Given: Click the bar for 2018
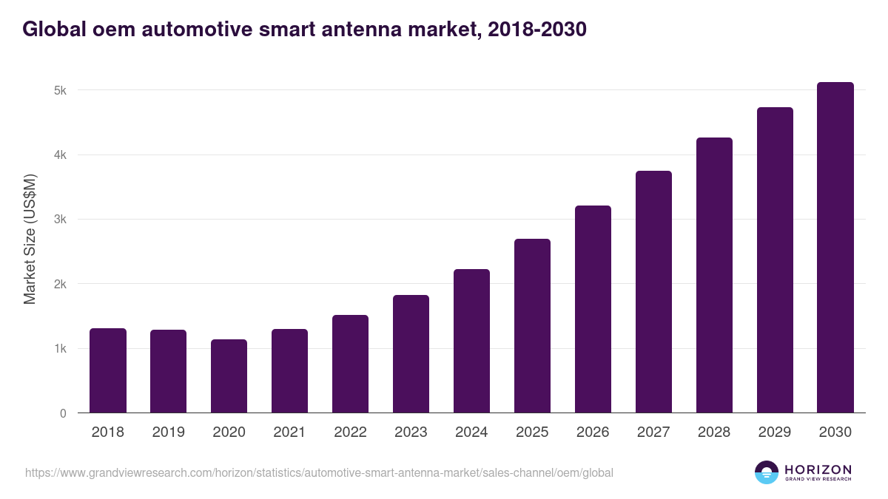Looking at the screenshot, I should (x=108, y=370).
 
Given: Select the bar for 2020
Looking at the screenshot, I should (x=229, y=376).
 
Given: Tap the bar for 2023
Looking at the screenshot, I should (x=411, y=354).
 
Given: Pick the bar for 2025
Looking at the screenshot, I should (x=532, y=326).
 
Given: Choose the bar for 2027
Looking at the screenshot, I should (x=653, y=292).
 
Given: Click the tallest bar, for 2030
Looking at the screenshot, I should (x=835, y=248).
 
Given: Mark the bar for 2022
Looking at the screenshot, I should (x=350, y=364).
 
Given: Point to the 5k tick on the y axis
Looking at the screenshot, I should (x=60, y=91).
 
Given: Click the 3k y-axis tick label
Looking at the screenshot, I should (x=60, y=220).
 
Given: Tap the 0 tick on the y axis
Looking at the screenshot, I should (x=63, y=413).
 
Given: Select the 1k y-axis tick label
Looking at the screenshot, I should (x=60, y=349).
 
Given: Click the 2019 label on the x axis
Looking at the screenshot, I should (x=169, y=432).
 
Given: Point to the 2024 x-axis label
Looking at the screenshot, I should (x=471, y=432).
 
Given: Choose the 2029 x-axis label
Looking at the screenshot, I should (x=775, y=432).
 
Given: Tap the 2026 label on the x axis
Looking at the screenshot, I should (x=593, y=432).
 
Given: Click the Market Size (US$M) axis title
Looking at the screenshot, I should (x=30, y=239).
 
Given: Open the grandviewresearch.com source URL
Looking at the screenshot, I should (x=319, y=472).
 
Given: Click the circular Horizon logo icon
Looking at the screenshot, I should (x=767, y=472).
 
